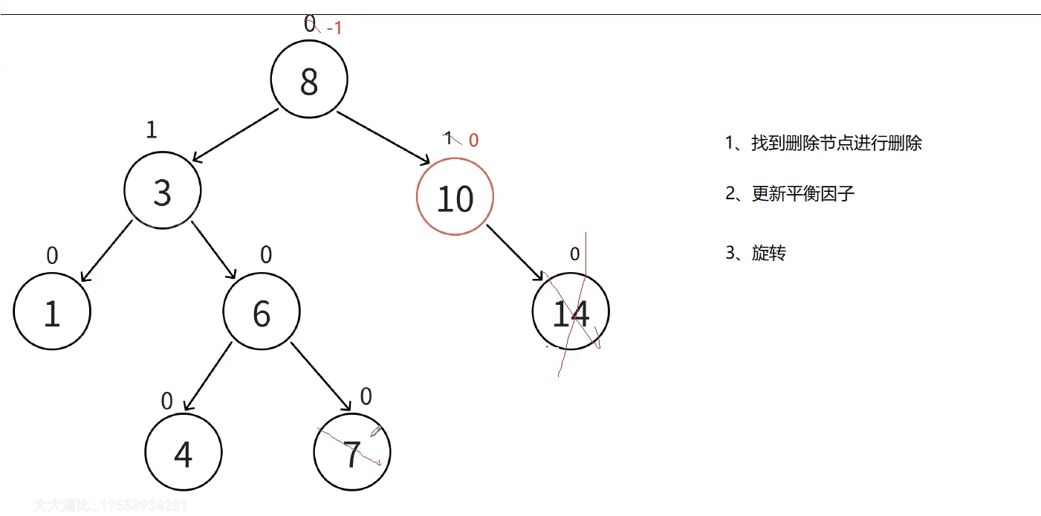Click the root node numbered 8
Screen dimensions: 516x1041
(x=309, y=80)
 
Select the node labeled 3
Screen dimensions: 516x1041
(x=162, y=191)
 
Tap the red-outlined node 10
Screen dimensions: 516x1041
(x=455, y=198)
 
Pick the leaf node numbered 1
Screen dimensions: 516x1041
(x=51, y=312)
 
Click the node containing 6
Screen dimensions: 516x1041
(x=262, y=312)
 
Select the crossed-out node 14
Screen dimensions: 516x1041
(x=571, y=313)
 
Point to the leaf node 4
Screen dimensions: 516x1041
(x=183, y=453)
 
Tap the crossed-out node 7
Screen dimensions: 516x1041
(x=352, y=453)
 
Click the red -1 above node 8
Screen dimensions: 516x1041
(x=334, y=29)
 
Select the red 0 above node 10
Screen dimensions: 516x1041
(x=473, y=141)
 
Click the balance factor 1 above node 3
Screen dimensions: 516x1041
(x=152, y=130)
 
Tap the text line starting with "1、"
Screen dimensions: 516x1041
(x=823, y=143)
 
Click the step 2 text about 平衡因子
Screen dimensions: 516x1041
(x=790, y=195)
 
